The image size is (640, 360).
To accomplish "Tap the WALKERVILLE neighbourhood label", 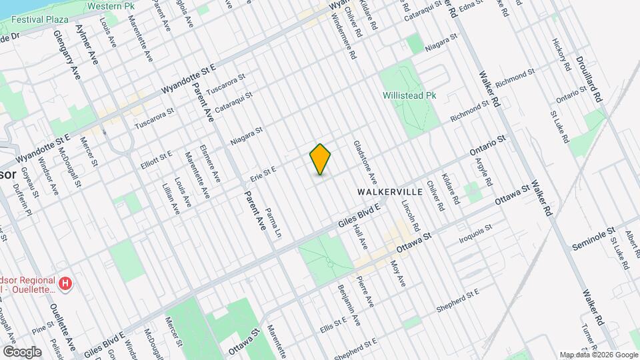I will pyautogui.click(x=390, y=191).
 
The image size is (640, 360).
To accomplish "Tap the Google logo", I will pyautogui.click(x=22, y=351).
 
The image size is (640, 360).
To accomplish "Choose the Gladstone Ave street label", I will pyautogui.click(x=365, y=163).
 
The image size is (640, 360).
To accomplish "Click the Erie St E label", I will pyautogui.click(x=263, y=174).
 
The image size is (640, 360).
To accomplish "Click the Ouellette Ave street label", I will pyautogui.click(x=62, y=329).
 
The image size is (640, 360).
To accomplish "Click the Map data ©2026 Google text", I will pyautogui.click(x=598, y=354).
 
